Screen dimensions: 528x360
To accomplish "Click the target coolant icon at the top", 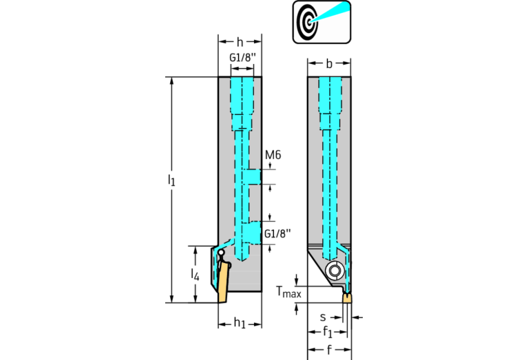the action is pos(321,22).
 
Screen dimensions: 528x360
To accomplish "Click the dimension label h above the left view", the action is pos(240,42).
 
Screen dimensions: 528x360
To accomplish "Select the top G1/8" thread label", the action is pos(242,58).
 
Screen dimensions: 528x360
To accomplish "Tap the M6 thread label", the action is pos(273,155).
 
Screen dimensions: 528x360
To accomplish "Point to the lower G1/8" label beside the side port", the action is pos(277,233).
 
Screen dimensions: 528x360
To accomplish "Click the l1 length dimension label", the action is pos(171,180).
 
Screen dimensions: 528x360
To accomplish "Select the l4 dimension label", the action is pos(195,275).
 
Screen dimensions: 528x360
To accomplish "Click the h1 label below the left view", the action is pos(240,323).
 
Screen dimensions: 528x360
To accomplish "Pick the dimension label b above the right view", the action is pos(329,63).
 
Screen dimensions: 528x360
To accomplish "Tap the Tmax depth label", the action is pos(288,292).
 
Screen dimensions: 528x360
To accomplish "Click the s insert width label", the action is pos(323,317).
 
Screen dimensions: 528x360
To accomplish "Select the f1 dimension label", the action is pos(327,332).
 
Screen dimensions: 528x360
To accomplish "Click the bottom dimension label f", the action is pos(329,350).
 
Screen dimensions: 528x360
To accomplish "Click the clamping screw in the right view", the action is pos(335,271).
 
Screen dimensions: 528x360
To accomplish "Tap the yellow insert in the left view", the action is pos(223,282).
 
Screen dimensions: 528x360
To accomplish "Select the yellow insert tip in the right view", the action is pos(347,297).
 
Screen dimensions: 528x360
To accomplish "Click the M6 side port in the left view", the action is pos(252,177).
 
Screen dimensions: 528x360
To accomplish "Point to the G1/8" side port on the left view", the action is pos(252,233).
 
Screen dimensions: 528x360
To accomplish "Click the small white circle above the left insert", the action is pos(221,252).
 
